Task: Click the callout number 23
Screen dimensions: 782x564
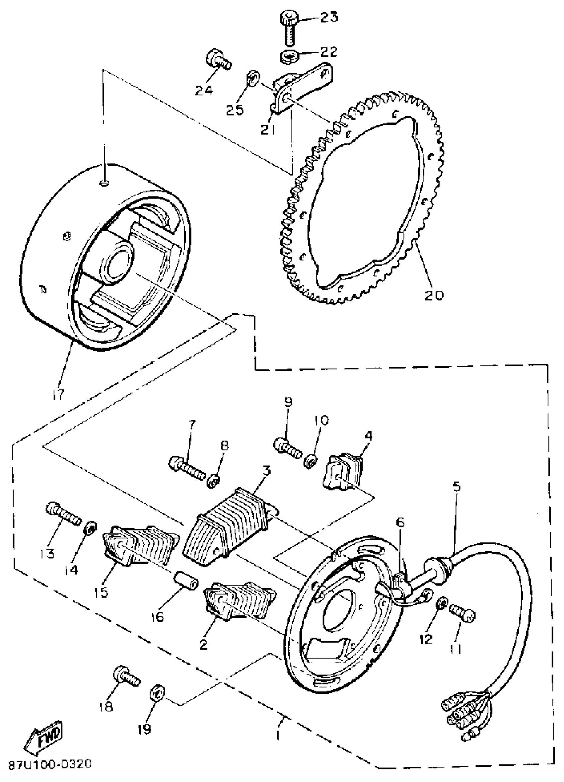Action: point(329,17)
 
